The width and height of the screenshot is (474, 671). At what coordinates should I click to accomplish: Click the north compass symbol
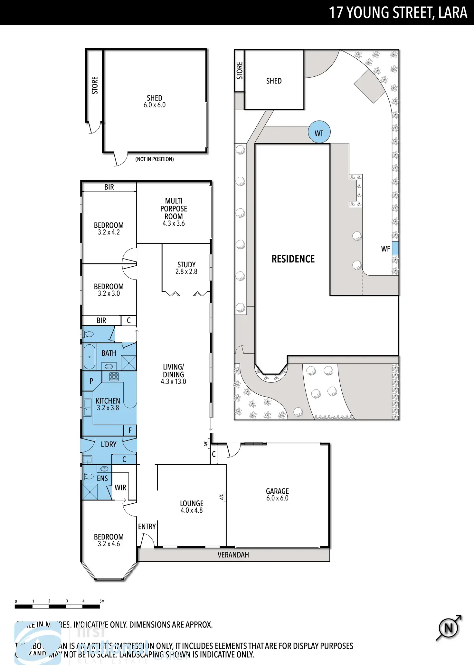coord(449,628)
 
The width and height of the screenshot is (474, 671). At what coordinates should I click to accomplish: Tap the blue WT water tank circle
coord(319,132)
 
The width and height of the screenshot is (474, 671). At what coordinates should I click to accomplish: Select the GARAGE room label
coord(277,491)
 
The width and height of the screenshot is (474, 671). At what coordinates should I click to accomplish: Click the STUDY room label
coord(186,264)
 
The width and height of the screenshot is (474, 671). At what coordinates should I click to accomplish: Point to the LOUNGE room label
coord(192,503)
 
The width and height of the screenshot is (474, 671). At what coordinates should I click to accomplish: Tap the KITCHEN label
coord(108,401)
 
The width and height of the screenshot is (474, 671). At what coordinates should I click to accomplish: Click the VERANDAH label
coord(233,555)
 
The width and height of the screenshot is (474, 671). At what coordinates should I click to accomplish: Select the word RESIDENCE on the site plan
coord(293,259)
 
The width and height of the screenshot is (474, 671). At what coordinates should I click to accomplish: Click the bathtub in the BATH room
coord(90,357)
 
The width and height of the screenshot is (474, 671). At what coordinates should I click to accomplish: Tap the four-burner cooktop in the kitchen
coord(114,376)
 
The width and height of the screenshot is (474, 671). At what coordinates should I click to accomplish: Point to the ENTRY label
coord(147,527)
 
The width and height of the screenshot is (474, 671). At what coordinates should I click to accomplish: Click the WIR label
coord(120,488)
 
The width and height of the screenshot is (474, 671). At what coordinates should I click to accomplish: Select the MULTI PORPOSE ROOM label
coord(174,209)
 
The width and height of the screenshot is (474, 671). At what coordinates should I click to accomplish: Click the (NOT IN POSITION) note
coord(155,159)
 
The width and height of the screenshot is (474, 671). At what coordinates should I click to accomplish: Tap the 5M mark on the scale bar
coord(102,601)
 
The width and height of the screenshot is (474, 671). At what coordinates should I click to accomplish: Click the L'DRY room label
coord(109,444)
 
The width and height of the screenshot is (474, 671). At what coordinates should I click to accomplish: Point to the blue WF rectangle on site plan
coord(395,249)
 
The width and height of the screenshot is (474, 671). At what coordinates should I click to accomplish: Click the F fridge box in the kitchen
coord(130,430)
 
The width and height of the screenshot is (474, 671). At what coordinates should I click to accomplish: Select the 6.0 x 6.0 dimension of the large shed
coord(155,105)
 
